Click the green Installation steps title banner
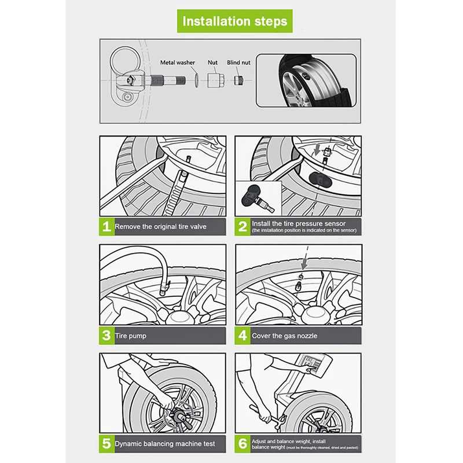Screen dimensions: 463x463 [234, 21]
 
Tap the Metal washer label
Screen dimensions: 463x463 [177, 63]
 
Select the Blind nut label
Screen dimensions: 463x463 [238, 63]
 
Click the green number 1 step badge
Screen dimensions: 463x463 [106, 226]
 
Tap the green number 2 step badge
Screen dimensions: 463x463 [242, 226]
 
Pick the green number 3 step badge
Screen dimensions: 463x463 [106, 335]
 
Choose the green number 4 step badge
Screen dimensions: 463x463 [242, 335]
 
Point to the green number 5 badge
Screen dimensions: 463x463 [106, 444]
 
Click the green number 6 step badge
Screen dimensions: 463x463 [242, 444]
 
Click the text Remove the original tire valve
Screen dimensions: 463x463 [160, 227]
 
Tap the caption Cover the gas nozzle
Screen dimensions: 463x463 [284, 336]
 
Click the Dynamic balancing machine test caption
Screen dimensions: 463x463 [165, 444]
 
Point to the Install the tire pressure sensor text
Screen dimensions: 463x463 [299, 223]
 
